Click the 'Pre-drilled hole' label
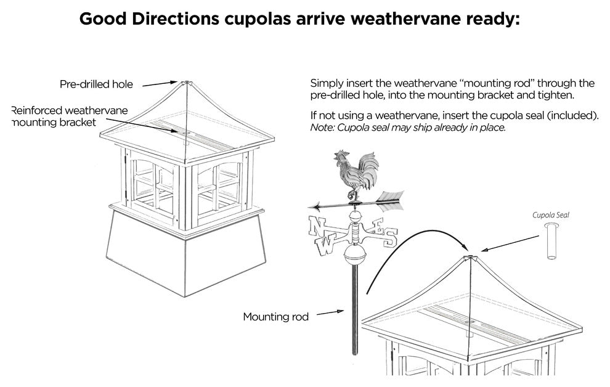96,84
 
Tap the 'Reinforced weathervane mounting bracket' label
70,116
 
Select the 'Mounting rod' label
275,317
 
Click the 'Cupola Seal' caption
551,216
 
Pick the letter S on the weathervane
391,239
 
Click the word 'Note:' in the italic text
322,128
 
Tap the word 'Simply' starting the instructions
326,83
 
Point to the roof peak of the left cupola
183,81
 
